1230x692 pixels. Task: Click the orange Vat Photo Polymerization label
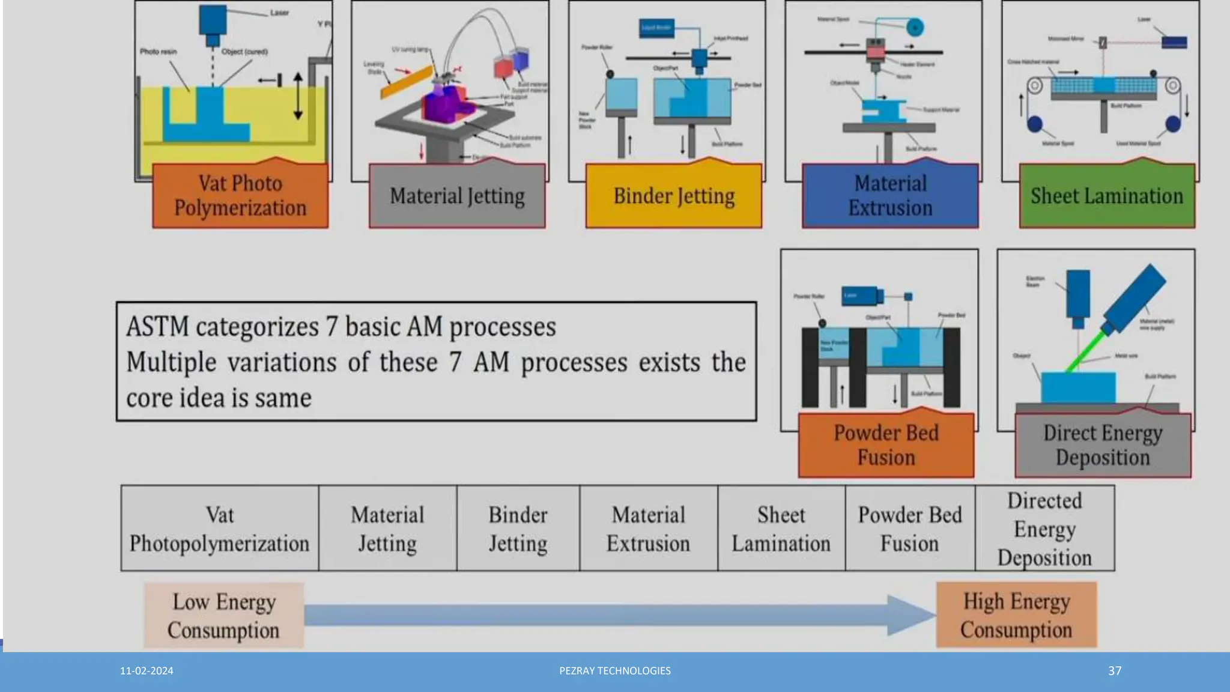click(240, 196)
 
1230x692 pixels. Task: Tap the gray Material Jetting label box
click(457, 196)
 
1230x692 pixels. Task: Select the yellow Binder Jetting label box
click(674, 196)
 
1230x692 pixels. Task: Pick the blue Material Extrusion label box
click(890, 196)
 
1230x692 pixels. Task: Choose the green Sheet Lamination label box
click(1107, 196)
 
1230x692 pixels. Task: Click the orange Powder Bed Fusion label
click(886, 445)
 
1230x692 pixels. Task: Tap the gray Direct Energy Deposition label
click(1103, 445)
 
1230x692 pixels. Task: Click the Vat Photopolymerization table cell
click(219, 529)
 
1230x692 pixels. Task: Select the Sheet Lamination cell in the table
click(781, 529)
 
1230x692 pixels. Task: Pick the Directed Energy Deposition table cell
click(1044, 529)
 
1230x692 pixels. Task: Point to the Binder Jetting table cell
click(518, 529)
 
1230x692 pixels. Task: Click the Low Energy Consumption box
click(223, 615)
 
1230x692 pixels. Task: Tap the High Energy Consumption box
click(1016, 615)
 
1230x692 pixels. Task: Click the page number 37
click(1115, 671)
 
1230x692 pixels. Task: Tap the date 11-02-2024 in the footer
click(147, 671)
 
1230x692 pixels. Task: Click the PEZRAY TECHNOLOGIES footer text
click(615, 671)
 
